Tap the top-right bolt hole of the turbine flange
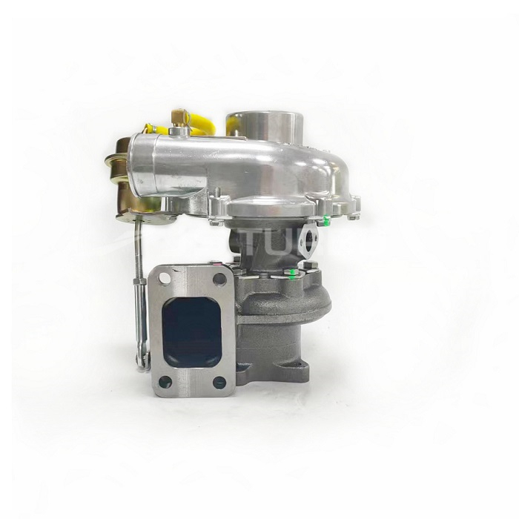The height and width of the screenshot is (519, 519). (219, 280)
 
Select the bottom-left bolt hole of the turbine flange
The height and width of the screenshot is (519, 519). (165, 382)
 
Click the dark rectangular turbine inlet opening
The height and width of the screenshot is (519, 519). (192, 330)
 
